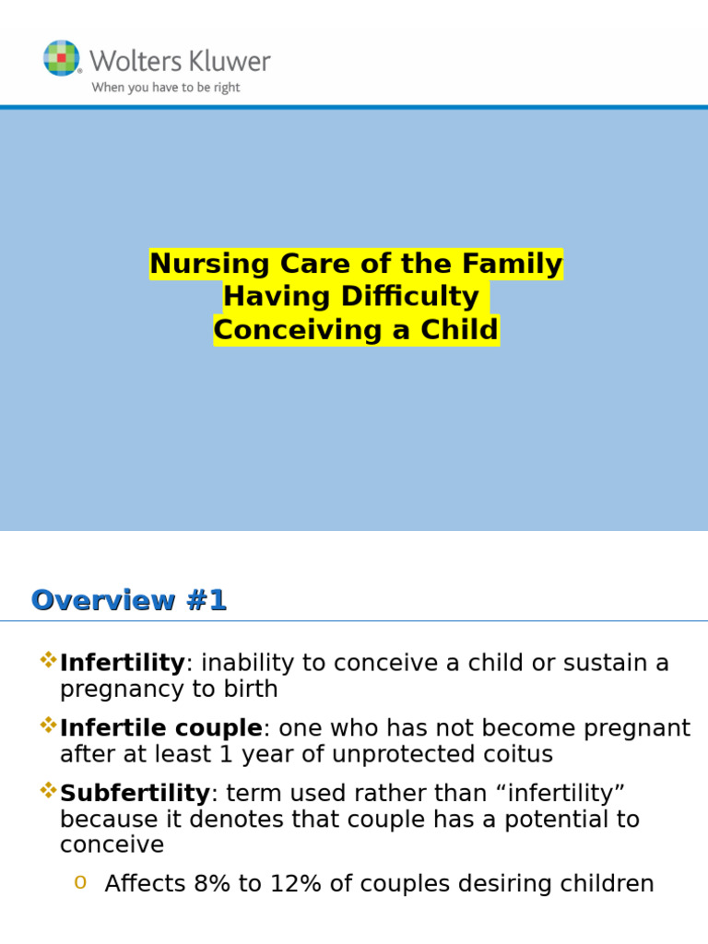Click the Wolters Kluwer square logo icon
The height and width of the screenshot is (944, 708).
(62, 58)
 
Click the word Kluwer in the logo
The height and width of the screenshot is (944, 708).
(226, 62)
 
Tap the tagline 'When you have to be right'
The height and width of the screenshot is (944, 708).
(165, 88)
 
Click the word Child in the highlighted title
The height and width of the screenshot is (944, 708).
(461, 330)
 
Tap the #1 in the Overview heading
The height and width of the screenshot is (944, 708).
(205, 601)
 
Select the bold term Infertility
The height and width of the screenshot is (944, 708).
(122, 663)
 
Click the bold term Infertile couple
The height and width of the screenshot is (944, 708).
(161, 728)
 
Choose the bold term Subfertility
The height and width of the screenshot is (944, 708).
(135, 793)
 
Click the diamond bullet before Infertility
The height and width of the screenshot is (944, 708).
(48, 660)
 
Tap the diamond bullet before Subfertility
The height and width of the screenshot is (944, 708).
(48, 790)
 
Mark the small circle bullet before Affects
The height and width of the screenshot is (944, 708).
(80, 883)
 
